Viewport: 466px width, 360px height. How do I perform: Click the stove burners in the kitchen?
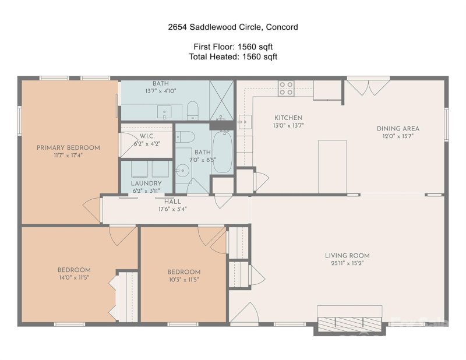pos(286,88)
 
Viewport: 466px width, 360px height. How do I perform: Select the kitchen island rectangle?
pos(332,166)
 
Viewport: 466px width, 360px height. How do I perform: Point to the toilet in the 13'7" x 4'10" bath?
pos(193,110)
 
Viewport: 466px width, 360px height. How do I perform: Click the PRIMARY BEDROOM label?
pos(68,148)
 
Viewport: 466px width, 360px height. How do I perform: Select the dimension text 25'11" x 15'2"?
pos(348,263)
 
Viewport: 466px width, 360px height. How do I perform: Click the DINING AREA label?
pos(398,129)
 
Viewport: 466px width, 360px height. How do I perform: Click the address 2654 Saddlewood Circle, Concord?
pos(233,27)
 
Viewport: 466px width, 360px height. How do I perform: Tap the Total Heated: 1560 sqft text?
pos(233,57)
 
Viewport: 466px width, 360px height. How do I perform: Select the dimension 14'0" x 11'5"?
pos(74,278)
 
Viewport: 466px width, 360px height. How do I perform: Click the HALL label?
pos(172,202)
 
